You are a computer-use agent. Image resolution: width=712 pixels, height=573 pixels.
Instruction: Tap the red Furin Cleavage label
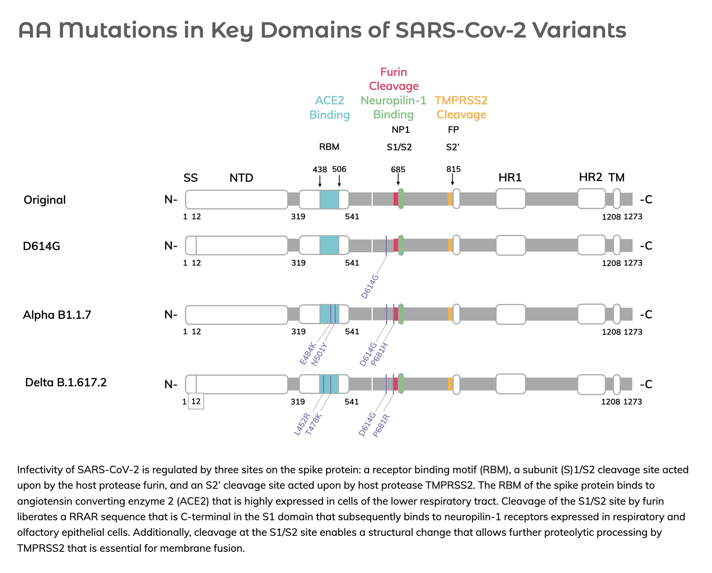tap(394, 79)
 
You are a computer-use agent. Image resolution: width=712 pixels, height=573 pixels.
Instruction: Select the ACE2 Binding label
tap(329, 108)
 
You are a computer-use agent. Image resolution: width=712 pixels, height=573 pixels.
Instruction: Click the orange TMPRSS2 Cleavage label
tap(461, 108)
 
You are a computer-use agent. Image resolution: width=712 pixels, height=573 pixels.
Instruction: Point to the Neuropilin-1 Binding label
tap(393, 108)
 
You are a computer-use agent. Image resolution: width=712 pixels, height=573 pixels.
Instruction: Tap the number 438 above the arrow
tap(319, 169)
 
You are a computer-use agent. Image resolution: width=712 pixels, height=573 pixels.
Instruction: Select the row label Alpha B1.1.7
tap(57, 315)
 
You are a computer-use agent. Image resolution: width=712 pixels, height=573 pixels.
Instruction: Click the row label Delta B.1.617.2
tap(66, 382)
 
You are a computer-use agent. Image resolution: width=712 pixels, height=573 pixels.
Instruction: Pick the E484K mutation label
tap(308, 353)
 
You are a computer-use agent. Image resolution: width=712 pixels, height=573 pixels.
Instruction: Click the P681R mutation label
tap(381, 426)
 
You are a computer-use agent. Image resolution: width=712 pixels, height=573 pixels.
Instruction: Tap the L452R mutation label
tap(302, 424)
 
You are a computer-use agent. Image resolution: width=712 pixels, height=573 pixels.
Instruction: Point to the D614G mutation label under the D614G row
tap(370, 286)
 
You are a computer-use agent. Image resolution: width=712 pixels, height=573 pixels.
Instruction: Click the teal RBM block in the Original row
tap(329, 199)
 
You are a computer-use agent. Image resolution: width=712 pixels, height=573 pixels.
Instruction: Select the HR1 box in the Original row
tap(510, 199)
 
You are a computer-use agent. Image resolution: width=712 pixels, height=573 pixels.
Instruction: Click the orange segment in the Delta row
tap(450, 384)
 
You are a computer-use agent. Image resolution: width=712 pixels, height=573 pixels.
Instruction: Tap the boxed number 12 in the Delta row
tap(196, 401)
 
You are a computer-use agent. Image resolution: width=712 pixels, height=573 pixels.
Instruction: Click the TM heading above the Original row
tap(616, 177)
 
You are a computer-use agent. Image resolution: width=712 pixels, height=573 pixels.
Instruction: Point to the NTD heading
tap(241, 178)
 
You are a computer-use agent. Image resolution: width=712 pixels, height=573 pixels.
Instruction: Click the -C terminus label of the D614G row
tap(646, 246)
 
